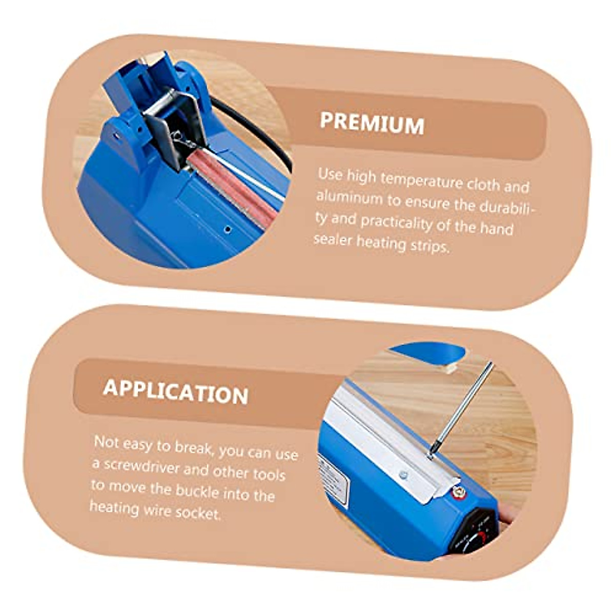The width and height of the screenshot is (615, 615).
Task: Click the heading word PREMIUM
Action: coord(372,124)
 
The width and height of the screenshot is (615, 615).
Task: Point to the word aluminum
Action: coord(349,197)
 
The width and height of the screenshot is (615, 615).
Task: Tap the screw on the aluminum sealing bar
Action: coord(403,476)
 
